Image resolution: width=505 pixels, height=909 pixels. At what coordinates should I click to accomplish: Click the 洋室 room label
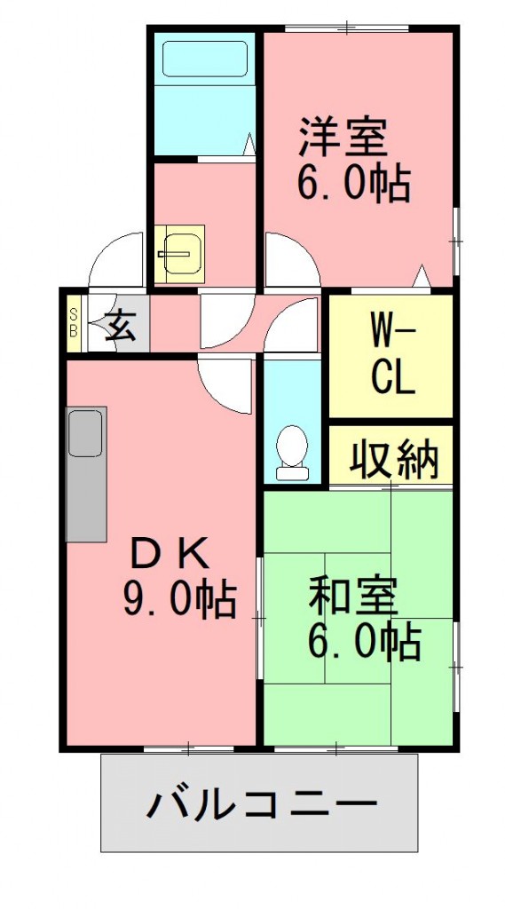coord(342,138)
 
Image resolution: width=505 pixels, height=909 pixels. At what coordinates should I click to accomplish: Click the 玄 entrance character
coord(121,327)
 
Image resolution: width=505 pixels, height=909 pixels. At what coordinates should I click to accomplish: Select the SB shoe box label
coord(75,322)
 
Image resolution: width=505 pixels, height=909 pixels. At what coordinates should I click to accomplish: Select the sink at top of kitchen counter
coord(87,432)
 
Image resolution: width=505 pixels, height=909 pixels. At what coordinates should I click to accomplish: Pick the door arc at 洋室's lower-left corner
coord(288,257)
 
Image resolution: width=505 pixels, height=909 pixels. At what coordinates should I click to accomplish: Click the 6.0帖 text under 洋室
coord(352,184)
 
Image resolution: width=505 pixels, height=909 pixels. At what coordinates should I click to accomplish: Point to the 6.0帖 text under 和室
coord(363,641)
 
